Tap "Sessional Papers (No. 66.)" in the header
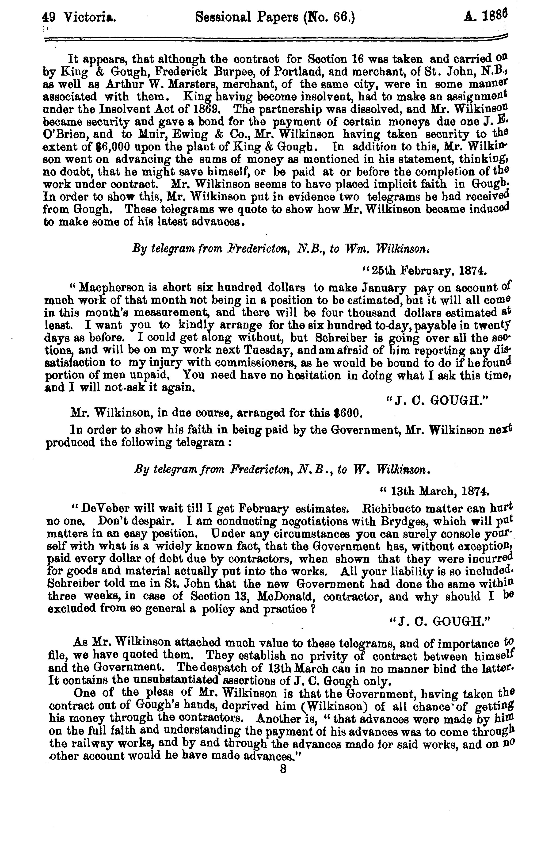pos(275,17)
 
